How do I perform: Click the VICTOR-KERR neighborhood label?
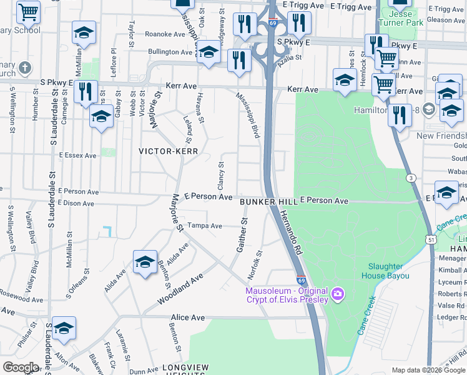(x=168, y=151)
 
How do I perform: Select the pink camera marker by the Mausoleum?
(x=338, y=293)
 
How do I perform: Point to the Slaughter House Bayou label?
(x=385, y=271)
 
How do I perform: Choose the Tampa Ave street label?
(x=205, y=226)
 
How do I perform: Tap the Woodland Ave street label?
(x=181, y=291)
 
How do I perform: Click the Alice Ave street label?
(x=187, y=317)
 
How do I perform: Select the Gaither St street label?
(x=242, y=236)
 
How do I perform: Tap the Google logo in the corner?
(x=21, y=367)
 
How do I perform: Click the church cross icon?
(x=24, y=67)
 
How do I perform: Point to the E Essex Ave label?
(x=77, y=155)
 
